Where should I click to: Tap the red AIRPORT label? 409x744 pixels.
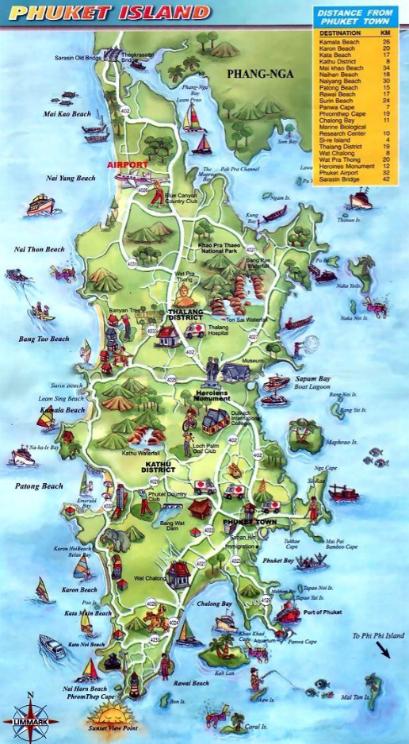(x=127, y=164)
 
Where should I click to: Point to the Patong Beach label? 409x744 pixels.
(x=38, y=485)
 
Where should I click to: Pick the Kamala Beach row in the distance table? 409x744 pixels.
(x=355, y=41)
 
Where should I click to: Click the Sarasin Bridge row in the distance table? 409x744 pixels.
(x=355, y=180)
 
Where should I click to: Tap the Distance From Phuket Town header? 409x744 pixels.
(x=354, y=17)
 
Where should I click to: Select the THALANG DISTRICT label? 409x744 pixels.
(x=185, y=315)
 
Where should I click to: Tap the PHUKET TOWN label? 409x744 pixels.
(x=247, y=522)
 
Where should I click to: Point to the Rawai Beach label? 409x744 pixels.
(x=190, y=683)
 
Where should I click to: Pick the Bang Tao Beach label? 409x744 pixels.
(x=44, y=339)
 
